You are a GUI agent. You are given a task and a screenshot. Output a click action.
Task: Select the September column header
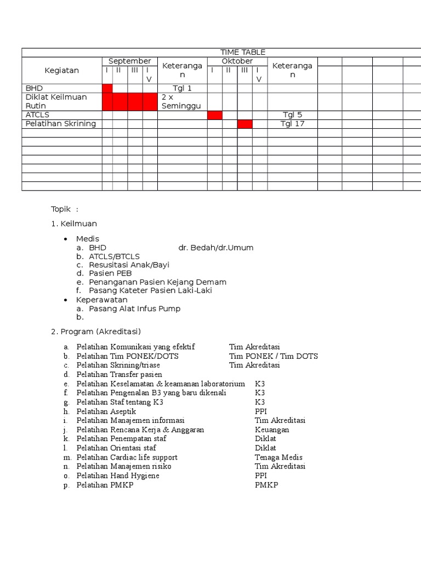click(129, 61)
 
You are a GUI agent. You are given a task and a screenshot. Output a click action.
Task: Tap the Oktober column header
click(237, 61)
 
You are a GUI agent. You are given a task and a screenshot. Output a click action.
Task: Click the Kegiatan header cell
click(62, 70)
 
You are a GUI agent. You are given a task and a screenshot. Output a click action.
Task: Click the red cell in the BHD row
click(107, 88)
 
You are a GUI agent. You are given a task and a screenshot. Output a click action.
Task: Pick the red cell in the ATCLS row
click(214, 115)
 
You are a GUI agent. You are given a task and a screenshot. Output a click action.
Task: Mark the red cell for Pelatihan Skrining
click(244, 124)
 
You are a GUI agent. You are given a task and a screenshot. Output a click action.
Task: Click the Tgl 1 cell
click(182, 88)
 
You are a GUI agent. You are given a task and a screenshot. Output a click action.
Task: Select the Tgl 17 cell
click(292, 124)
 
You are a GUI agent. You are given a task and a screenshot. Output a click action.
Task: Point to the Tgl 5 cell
click(292, 115)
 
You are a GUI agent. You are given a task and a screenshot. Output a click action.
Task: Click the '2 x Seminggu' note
click(181, 101)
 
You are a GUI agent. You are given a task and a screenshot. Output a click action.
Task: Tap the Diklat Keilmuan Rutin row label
click(56, 101)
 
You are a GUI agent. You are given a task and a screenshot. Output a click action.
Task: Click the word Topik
click(61, 209)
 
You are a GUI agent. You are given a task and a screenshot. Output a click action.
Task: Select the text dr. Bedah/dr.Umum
click(216, 248)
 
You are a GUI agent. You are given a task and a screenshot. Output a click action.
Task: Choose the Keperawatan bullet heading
click(101, 300)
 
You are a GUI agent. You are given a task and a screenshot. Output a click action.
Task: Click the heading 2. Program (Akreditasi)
click(96, 331)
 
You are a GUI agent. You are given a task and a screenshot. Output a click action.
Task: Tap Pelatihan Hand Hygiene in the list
click(118, 476)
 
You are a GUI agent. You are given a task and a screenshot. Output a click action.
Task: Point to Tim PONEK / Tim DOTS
click(274, 356)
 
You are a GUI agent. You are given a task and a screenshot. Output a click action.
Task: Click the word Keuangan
click(272, 430)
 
